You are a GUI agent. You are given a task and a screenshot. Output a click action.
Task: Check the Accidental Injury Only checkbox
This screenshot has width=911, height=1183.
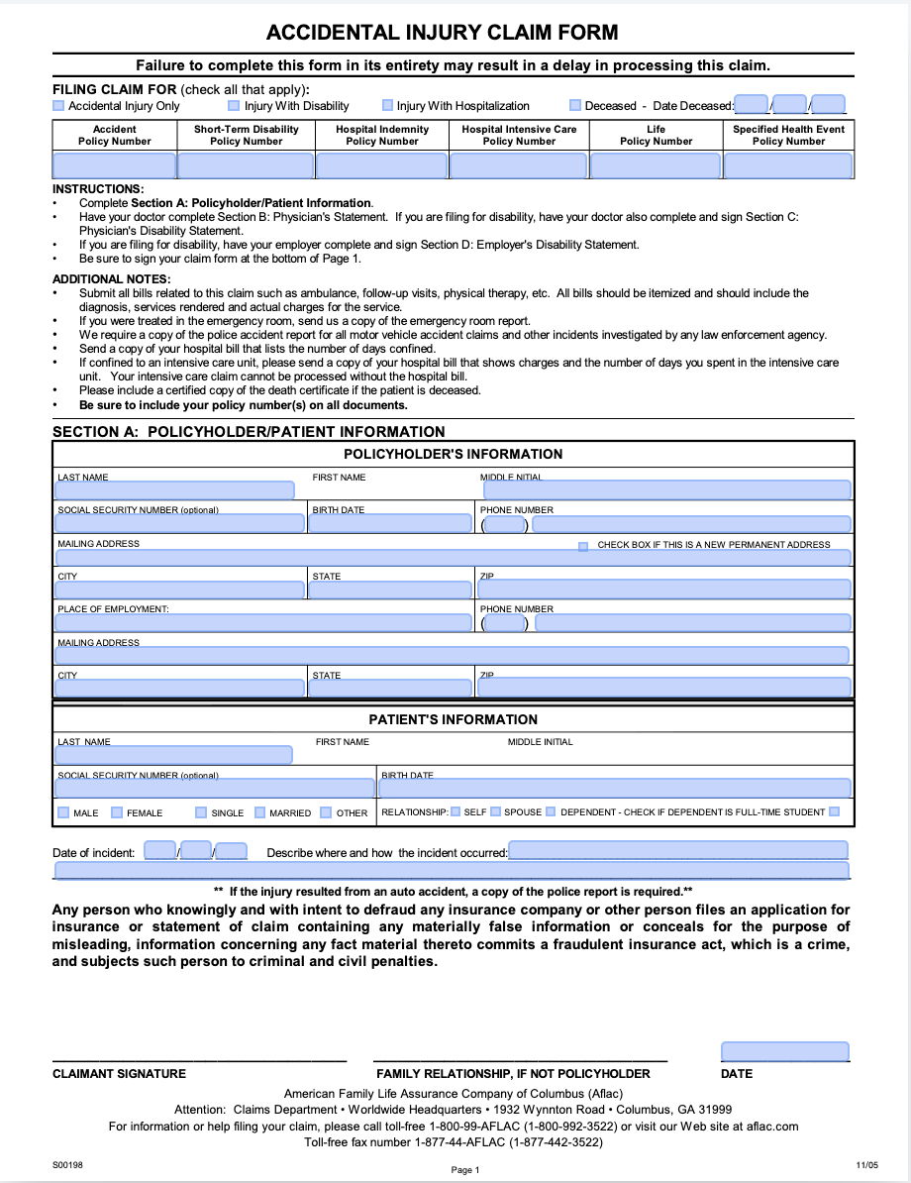(x=58, y=106)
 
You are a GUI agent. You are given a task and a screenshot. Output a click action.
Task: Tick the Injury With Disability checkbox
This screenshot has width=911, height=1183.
(x=234, y=106)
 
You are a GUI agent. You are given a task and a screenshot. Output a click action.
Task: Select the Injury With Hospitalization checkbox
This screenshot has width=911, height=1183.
(x=388, y=106)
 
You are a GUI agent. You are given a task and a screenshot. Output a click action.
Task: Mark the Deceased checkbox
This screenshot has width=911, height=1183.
(x=575, y=106)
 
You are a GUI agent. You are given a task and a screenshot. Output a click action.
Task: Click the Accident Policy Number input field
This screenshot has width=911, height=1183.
(x=114, y=165)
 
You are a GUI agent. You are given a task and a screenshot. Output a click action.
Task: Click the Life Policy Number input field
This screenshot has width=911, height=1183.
(x=656, y=165)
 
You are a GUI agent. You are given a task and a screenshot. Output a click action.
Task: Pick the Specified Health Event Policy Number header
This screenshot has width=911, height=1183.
(x=788, y=135)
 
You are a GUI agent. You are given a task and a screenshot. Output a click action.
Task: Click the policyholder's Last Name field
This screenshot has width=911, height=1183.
(x=175, y=490)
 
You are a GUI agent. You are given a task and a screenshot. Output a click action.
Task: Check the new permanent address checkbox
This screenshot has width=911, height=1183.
(x=583, y=546)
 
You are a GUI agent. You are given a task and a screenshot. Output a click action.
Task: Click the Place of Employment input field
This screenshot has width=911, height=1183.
(x=263, y=623)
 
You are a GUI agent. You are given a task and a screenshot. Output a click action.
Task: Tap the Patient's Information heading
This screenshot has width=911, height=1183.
(x=454, y=719)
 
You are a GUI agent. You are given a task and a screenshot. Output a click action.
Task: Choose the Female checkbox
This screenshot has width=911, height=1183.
(x=117, y=812)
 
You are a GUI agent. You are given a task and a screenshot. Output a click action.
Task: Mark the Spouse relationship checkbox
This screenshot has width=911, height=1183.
(x=495, y=811)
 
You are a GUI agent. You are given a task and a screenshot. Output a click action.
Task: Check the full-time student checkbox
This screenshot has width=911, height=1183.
(x=835, y=811)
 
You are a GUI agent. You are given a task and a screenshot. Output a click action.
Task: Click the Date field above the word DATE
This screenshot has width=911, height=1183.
(x=784, y=1051)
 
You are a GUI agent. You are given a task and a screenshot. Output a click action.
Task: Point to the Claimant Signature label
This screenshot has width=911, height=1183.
(x=119, y=1074)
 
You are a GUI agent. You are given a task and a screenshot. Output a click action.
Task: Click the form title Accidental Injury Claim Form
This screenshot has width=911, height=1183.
(x=442, y=33)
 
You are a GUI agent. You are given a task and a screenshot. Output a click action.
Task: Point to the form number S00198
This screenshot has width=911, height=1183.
(x=68, y=1165)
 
